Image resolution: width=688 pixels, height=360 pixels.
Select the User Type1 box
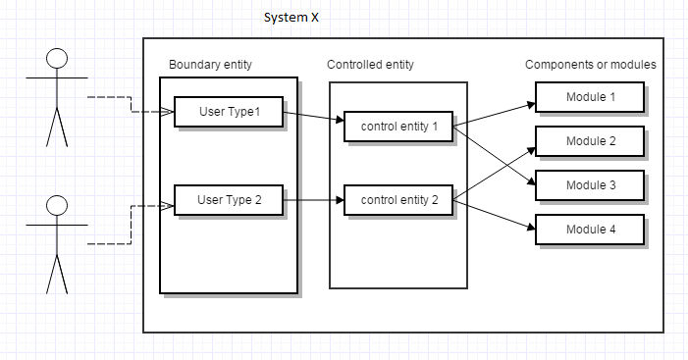[x=230, y=112]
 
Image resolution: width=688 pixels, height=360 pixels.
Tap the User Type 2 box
[x=229, y=200]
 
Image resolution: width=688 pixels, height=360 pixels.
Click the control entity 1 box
[x=398, y=128]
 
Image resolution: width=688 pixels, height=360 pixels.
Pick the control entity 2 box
[x=398, y=201]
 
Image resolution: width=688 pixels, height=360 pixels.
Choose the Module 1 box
[x=590, y=97]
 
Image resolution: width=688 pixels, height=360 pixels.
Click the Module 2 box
[x=590, y=141]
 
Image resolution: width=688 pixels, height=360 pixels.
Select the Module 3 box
[x=590, y=185]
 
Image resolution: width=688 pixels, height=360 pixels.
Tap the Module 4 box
[x=590, y=230]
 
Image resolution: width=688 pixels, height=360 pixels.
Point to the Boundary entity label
[x=210, y=65]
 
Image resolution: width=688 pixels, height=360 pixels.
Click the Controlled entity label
[x=370, y=65]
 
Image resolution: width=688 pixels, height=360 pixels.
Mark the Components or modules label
[x=590, y=65]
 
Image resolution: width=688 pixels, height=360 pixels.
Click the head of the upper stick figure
[x=57, y=55]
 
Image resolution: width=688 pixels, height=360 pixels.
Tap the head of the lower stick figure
[x=57, y=205]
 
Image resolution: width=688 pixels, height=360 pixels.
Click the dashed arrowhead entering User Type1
[x=168, y=112]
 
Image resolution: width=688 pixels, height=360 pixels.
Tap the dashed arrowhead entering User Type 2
[x=167, y=205]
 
